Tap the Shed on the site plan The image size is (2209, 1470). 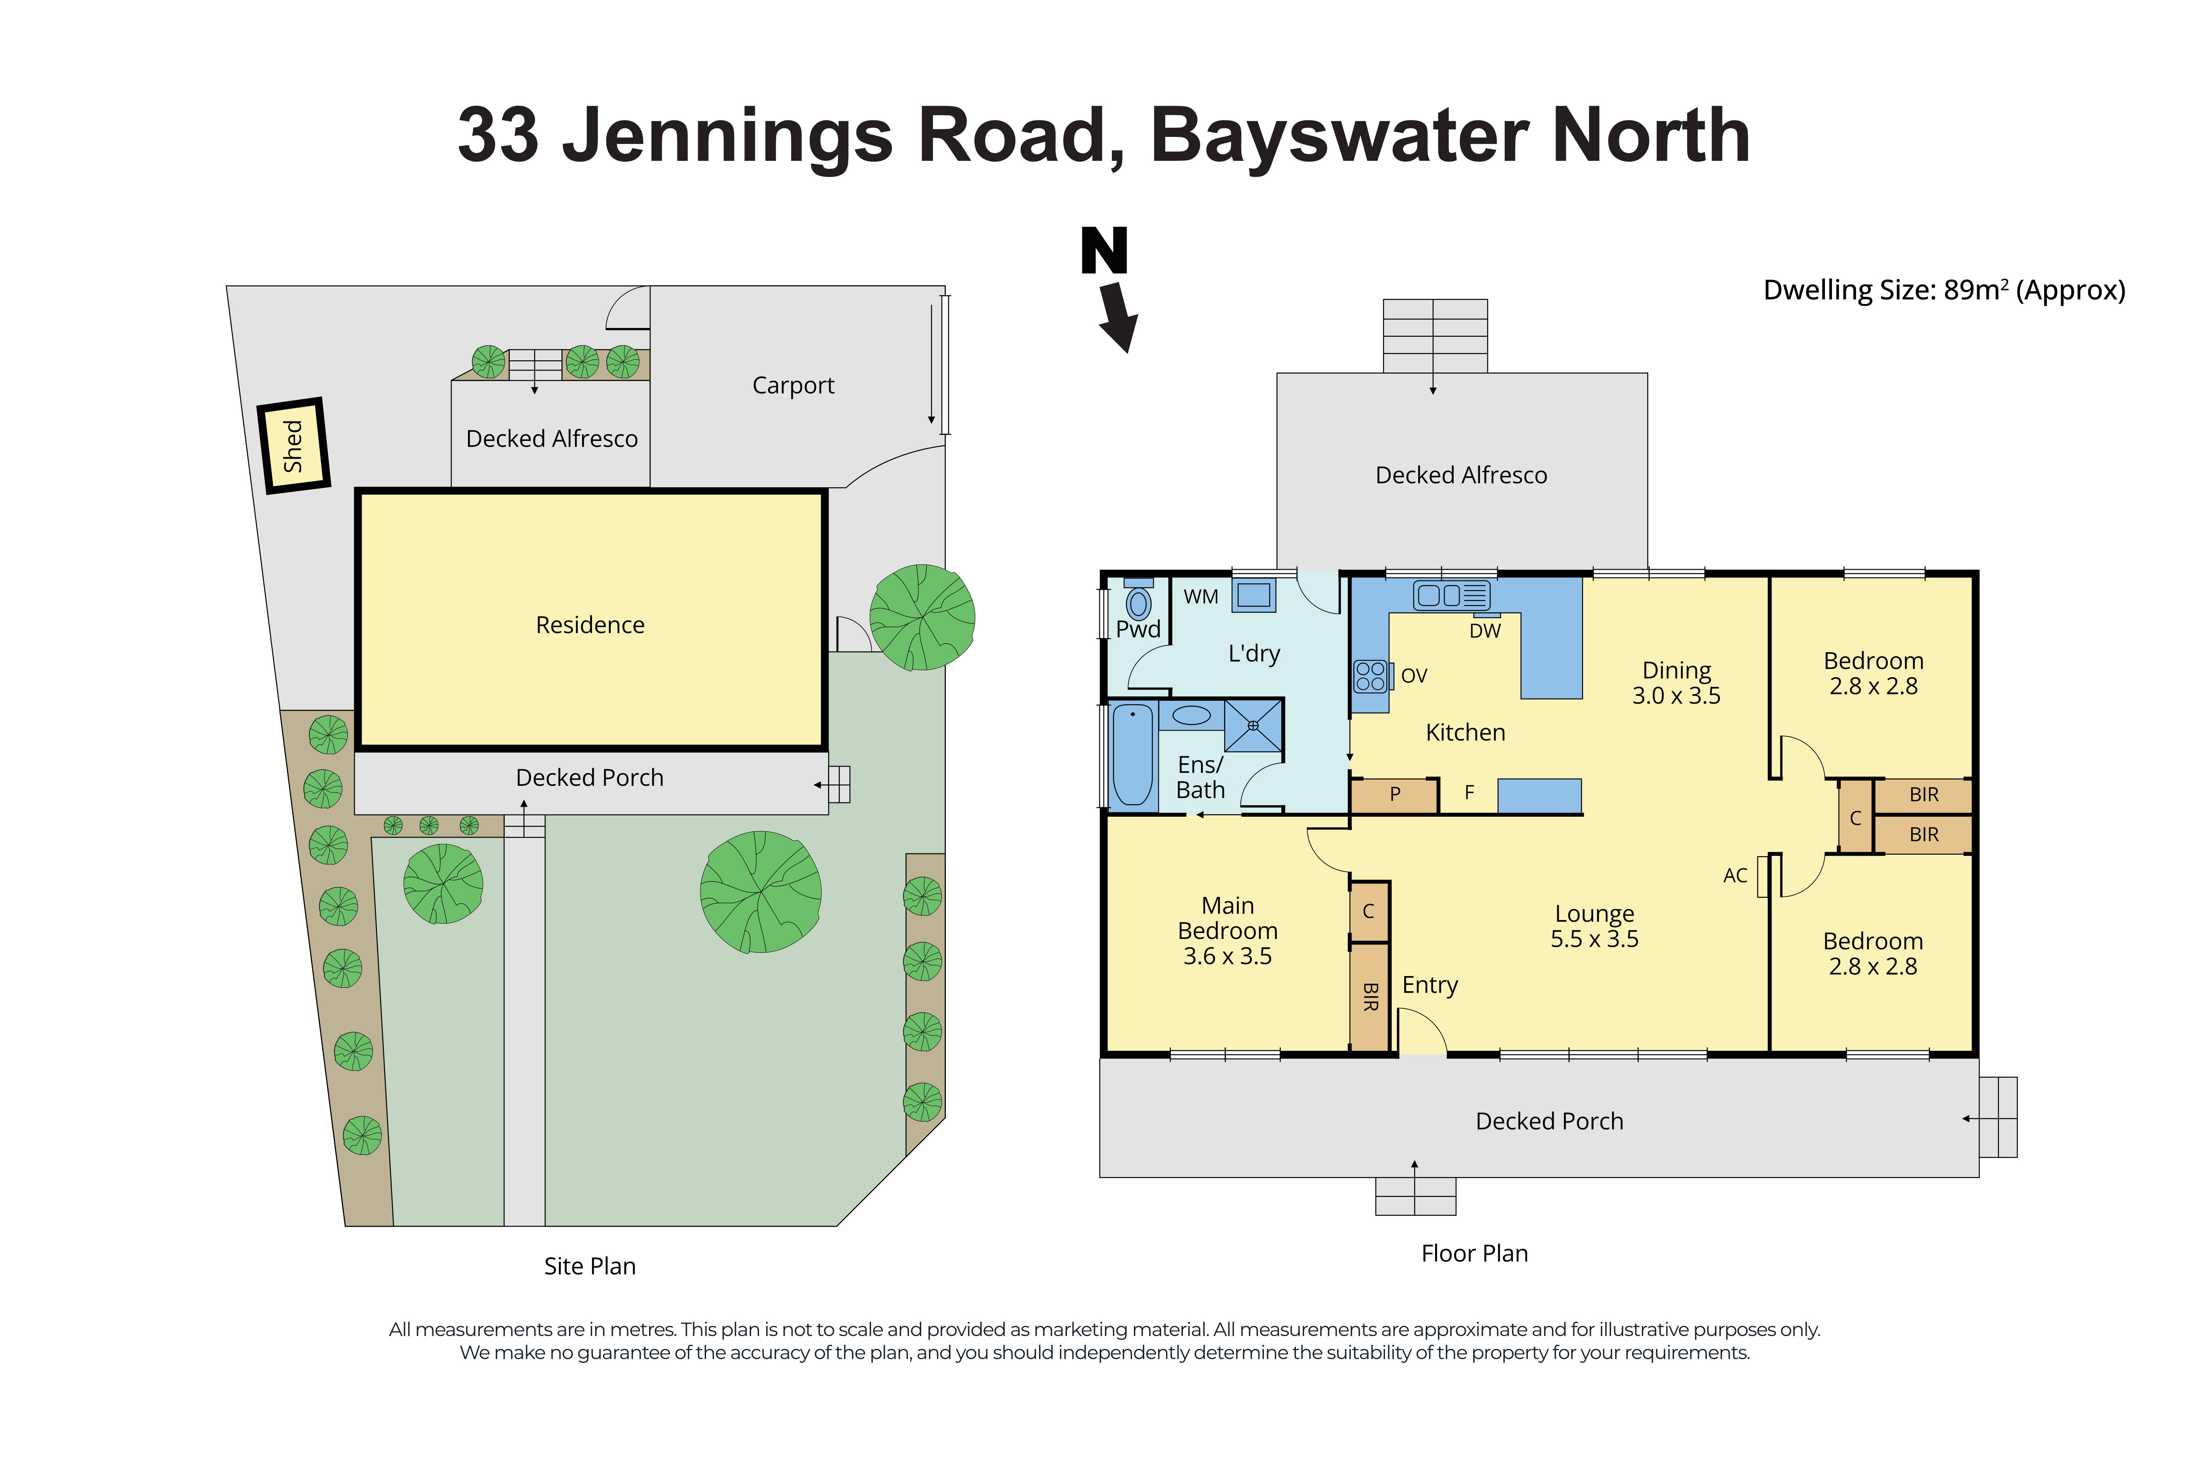click(x=293, y=446)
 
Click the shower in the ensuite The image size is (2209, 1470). click(x=1253, y=726)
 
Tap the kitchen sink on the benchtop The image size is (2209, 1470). click(x=1451, y=595)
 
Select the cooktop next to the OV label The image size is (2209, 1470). click(x=1370, y=676)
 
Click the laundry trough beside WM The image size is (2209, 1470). click(x=1254, y=595)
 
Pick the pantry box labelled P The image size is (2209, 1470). click(x=1394, y=795)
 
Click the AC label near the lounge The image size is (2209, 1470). click(x=1734, y=876)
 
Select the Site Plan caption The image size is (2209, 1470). click(x=590, y=1266)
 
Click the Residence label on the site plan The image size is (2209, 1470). click(x=590, y=625)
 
